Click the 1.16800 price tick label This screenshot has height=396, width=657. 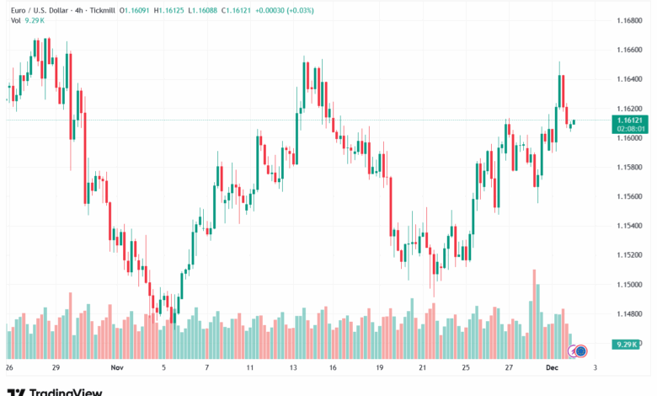(x=630, y=21)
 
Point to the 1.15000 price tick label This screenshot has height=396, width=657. (x=630, y=285)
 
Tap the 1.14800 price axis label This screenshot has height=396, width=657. (x=630, y=314)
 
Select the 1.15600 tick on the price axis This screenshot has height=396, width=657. (x=630, y=196)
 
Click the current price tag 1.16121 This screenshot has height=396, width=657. (x=630, y=120)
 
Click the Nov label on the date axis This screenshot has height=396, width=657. (x=117, y=368)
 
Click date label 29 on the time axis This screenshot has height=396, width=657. (x=55, y=368)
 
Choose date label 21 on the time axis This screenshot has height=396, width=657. (x=423, y=368)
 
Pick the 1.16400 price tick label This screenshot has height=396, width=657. (x=630, y=79)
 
